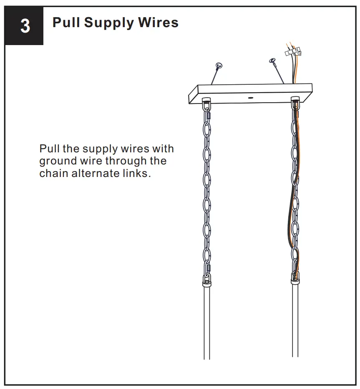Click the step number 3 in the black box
25,26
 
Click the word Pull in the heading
66,23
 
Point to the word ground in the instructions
58,162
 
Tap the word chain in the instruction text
54,173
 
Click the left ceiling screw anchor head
218,66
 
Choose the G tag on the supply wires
299,53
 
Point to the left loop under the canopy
206,103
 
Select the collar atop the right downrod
295,282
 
